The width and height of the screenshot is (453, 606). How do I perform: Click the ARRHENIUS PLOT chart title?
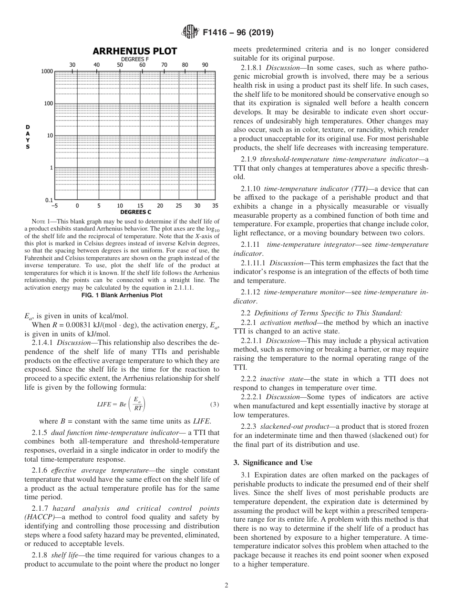(134, 51)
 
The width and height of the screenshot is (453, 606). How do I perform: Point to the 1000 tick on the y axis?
(47, 71)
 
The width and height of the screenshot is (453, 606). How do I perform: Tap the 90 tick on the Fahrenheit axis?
(205, 65)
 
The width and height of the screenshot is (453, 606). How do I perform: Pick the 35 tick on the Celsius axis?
(215, 206)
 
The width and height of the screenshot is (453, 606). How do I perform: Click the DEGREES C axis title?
(135, 212)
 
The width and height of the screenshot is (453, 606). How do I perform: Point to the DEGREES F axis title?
(133, 59)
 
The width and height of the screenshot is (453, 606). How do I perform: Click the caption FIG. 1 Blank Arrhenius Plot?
(122, 295)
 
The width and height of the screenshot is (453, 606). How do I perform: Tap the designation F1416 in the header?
(216, 33)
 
